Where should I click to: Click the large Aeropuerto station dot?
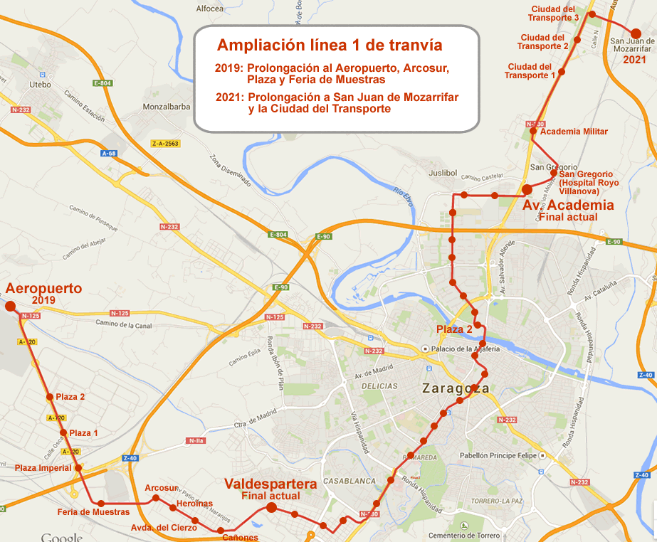(x=11, y=306)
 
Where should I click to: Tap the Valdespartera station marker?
(x=271, y=507)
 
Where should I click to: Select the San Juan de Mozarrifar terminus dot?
(x=636, y=33)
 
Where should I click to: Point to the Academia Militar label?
(x=574, y=132)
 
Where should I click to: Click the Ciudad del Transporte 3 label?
(x=564, y=13)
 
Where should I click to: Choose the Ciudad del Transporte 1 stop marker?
(x=562, y=72)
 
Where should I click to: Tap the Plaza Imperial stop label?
(x=43, y=468)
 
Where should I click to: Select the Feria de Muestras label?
(x=93, y=512)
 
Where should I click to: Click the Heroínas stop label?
(x=194, y=504)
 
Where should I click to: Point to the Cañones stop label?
(x=240, y=538)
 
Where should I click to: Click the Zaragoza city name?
(x=456, y=389)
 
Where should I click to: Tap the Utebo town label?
(x=40, y=85)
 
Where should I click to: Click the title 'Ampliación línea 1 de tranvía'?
(x=330, y=46)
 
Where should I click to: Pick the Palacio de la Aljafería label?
(x=465, y=349)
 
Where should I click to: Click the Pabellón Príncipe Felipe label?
(x=496, y=455)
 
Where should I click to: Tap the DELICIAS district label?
(x=379, y=386)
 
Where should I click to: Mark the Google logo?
(x=62, y=537)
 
